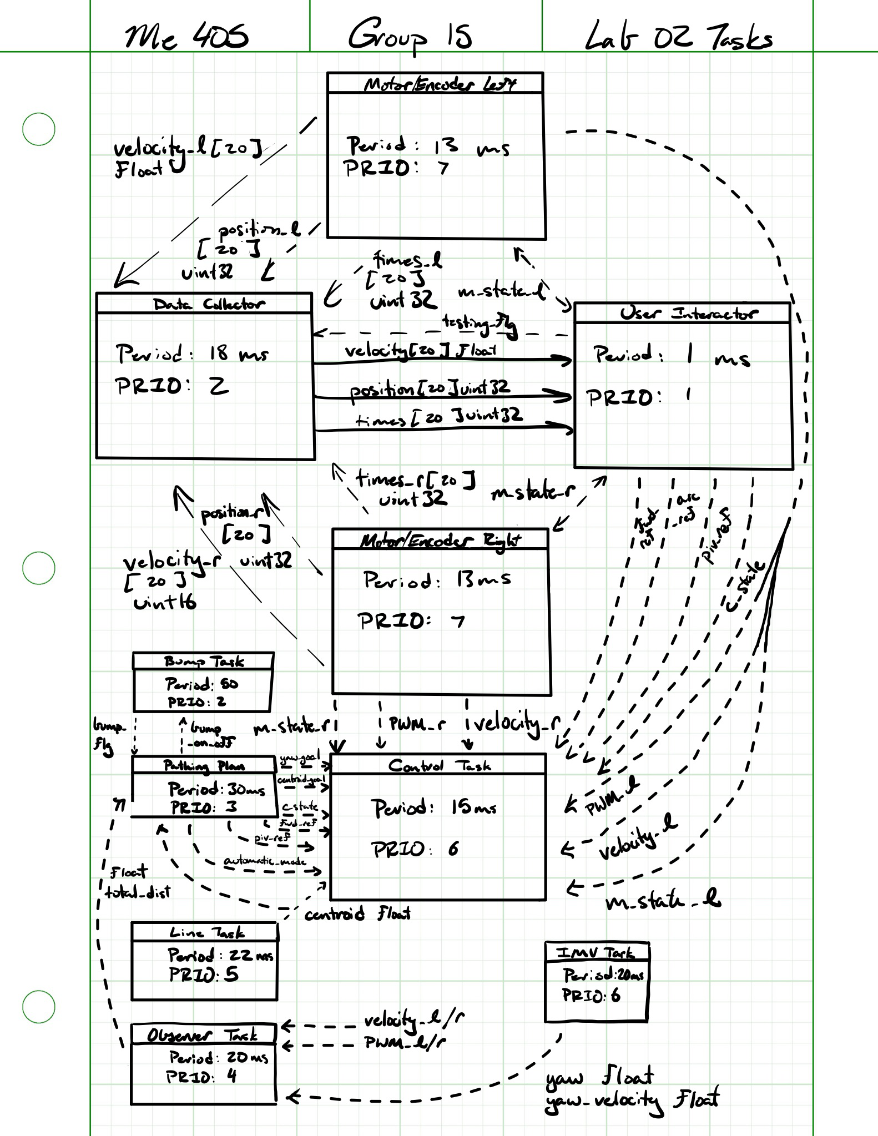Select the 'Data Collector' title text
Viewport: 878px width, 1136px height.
click(x=209, y=304)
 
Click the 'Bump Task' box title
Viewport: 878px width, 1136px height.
click(x=204, y=661)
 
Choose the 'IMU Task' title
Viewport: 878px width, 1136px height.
click(x=596, y=953)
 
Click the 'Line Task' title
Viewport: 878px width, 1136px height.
click(x=206, y=933)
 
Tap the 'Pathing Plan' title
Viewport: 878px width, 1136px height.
click(x=204, y=766)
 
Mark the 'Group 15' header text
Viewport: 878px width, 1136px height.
click(x=410, y=36)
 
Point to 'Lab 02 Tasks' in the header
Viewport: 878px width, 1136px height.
click(x=678, y=37)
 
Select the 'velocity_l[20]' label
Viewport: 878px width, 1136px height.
click(x=187, y=149)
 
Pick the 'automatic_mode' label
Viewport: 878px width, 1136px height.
click(x=265, y=861)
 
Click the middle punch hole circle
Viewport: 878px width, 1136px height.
click(x=39, y=568)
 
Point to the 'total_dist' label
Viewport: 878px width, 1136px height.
click(x=138, y=893)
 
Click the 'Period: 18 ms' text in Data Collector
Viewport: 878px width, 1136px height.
click(x=191, y=354)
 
